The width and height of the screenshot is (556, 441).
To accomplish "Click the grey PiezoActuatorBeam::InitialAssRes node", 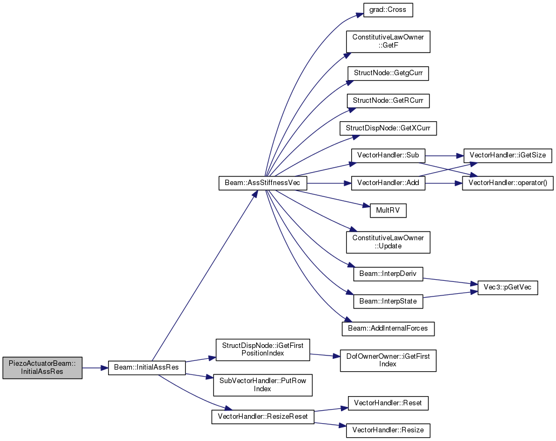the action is tap(43, 368).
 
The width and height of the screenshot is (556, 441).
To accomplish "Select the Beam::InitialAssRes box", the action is tap(147, 367).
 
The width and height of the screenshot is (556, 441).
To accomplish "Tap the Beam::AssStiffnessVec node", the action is tap(263, 183).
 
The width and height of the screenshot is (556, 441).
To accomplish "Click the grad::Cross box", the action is tap(388, 10).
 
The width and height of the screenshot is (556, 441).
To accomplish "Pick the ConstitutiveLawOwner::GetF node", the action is tap(388, 42).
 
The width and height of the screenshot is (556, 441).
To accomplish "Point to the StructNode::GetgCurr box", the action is tap(388, 73).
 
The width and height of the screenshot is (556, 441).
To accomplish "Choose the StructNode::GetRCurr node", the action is tap(388, 101).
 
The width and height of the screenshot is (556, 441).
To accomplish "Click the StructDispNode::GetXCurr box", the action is tap(388, 128).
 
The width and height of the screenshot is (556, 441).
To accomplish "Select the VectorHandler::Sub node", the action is tap(388, 155).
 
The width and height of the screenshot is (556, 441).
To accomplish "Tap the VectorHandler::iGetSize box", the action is tap(508, 155).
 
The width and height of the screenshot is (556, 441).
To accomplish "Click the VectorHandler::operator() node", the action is tap(508, 183).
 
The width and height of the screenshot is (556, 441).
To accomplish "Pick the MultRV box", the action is tap(388, 210).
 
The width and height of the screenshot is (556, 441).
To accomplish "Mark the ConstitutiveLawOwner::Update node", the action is tap(388, 242).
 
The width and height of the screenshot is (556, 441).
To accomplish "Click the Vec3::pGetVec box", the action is tap(508, 288).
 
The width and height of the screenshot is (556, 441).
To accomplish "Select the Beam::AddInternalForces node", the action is tap(388, 329).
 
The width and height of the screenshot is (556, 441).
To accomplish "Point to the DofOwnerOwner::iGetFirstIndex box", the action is tap(388, 360).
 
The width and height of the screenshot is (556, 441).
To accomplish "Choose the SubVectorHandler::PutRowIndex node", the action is tap(263, 385).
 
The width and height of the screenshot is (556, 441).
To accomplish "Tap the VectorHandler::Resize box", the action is tap(388, 430).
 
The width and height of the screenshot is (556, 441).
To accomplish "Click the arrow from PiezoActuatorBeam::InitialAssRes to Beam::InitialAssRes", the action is tap(95, 368).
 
